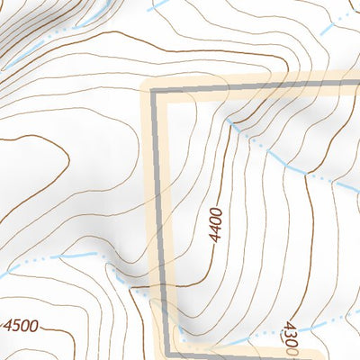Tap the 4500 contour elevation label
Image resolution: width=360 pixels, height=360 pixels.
click(21, 325)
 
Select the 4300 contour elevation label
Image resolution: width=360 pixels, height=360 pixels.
click(292, 340)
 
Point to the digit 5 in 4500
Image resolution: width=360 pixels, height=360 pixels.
click(17, 325)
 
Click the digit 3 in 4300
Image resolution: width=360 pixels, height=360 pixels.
click(290, 335)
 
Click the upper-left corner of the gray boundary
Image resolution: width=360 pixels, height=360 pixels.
click(154, 91)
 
